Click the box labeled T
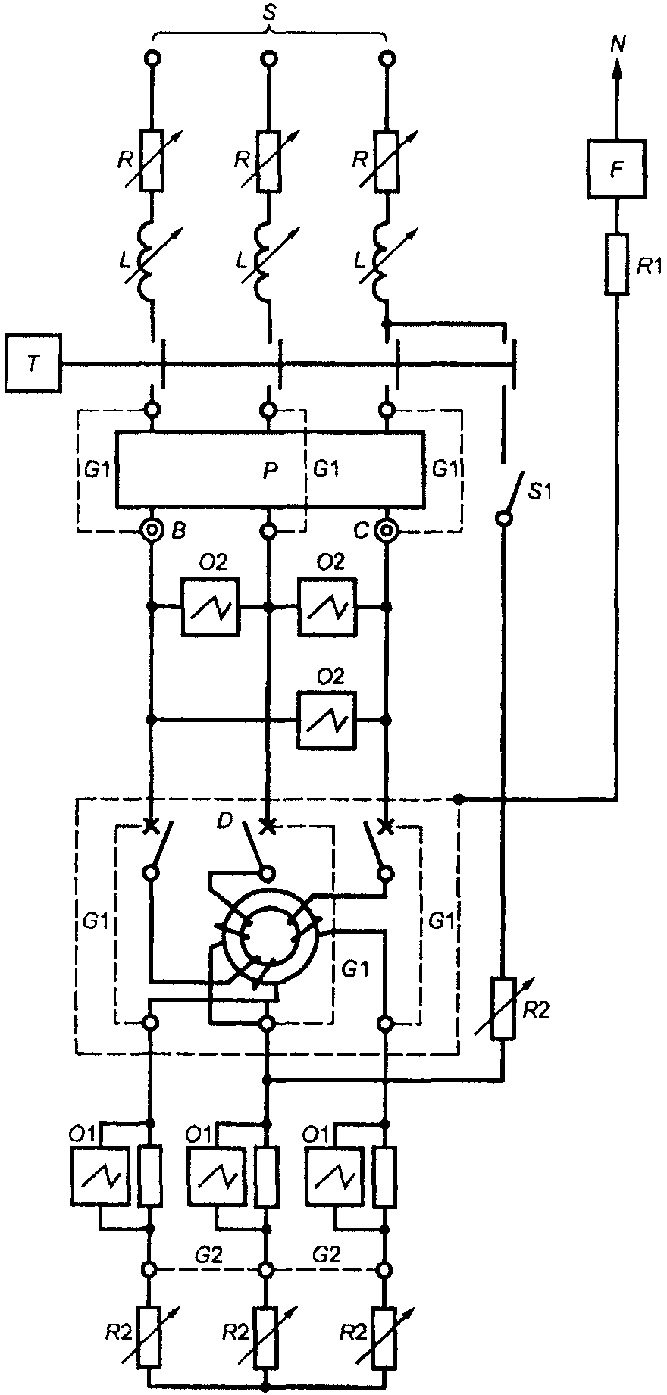pyautogui.click(x=32, y=364)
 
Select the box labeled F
pyautogui.click(x=618, y=169)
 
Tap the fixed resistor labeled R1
pyautogui.click(x=617, y=264)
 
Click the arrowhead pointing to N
pyautogui.click(x=617, y=69)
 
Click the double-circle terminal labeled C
pyautogui.click(x=387, y=530)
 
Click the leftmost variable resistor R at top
pyautogui.click(x=152, y=161)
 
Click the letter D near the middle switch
pyautogui.click(x=224, y=821)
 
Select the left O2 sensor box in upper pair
pyautogui.click(x=210, y=607)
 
